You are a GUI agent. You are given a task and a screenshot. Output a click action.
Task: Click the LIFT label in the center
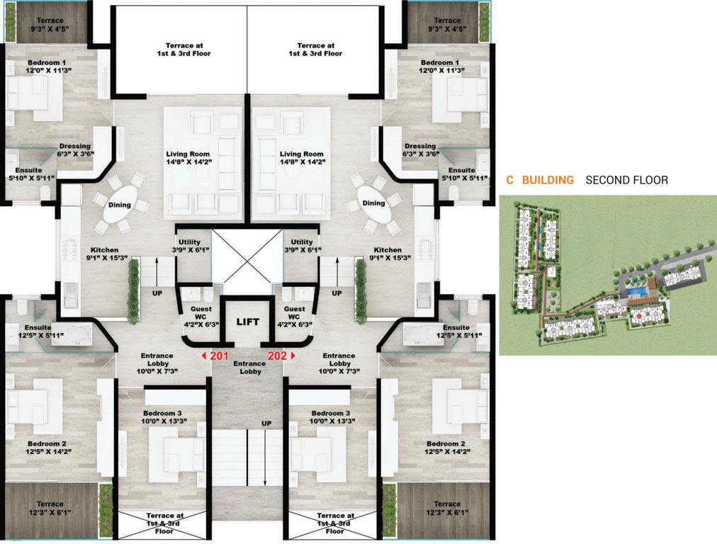click(x=248, y=322)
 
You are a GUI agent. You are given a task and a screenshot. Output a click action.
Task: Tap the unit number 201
click(x=219, y=356)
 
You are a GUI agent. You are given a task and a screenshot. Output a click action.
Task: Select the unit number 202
click(x=277, y=356)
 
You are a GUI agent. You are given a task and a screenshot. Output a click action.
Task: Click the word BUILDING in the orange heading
click(x=548, y=181)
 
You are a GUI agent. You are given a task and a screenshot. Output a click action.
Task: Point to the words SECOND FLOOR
click(x=626, y=181)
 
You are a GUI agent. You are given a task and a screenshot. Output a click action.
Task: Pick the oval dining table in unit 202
click(x=374, y=203)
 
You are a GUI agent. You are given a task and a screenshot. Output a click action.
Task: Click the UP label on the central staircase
click(x=266, y=424)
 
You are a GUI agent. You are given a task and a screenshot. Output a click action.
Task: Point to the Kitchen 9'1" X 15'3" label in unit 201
click(x=103, y=254)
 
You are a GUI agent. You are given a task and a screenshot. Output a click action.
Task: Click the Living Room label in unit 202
click(x=301, y=158)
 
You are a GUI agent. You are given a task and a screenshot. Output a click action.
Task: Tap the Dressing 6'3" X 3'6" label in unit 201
click(x=75, y=150)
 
